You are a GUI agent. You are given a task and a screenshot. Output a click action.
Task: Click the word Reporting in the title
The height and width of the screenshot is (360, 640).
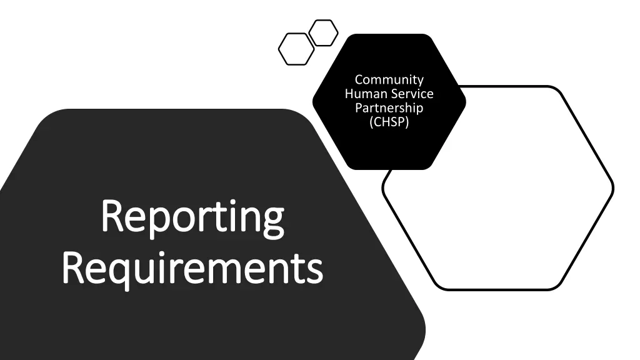[192, 219]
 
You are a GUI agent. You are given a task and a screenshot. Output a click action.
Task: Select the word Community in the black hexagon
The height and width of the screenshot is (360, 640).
[389, 79]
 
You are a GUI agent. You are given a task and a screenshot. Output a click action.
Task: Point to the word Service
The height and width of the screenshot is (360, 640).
[412, 94]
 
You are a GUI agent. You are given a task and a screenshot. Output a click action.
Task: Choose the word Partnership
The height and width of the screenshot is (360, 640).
[389, 108]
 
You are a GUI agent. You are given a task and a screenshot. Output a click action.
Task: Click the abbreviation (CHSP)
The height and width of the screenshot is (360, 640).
[389, 122]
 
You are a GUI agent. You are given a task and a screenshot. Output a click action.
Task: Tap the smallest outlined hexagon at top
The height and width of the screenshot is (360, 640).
[324, 32]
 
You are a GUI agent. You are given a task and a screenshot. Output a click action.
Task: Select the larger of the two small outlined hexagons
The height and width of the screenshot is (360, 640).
[296, 49]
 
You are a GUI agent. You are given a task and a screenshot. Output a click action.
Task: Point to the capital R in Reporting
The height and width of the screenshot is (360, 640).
[112, 216]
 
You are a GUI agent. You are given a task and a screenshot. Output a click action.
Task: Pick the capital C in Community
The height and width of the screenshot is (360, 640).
[359, 79]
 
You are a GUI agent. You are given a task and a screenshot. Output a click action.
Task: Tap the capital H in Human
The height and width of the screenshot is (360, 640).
[349, 94]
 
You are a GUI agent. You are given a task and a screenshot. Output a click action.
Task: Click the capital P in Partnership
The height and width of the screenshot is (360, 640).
[358, 108]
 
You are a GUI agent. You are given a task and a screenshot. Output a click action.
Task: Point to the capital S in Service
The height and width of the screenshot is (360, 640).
[396, 94]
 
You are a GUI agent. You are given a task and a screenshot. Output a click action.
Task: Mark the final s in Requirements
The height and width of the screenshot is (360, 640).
[316, 269]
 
